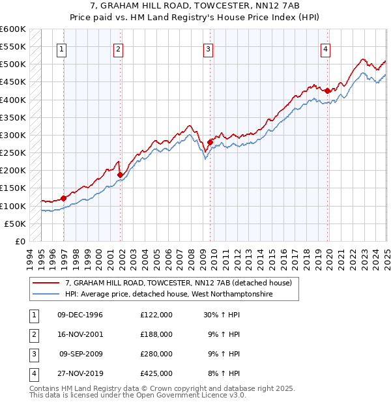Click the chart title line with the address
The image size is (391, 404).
coord(195,7)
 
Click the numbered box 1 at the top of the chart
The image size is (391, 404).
coord(61,48)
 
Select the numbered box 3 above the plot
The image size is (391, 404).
coord(208,48)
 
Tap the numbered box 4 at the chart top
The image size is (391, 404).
coord(325,48)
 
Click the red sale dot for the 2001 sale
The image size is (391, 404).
coord(121,175)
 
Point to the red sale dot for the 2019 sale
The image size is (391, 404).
coord(327,91)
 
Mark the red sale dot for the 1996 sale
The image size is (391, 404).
coord(64,198)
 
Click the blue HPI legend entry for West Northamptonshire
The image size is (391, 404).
coord(168,295)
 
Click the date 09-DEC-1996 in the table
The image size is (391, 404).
coord(80,315)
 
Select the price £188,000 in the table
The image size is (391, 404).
coord(156,334)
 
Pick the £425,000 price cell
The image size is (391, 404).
coord(156,373)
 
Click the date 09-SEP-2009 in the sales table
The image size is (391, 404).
coord(81,354)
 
